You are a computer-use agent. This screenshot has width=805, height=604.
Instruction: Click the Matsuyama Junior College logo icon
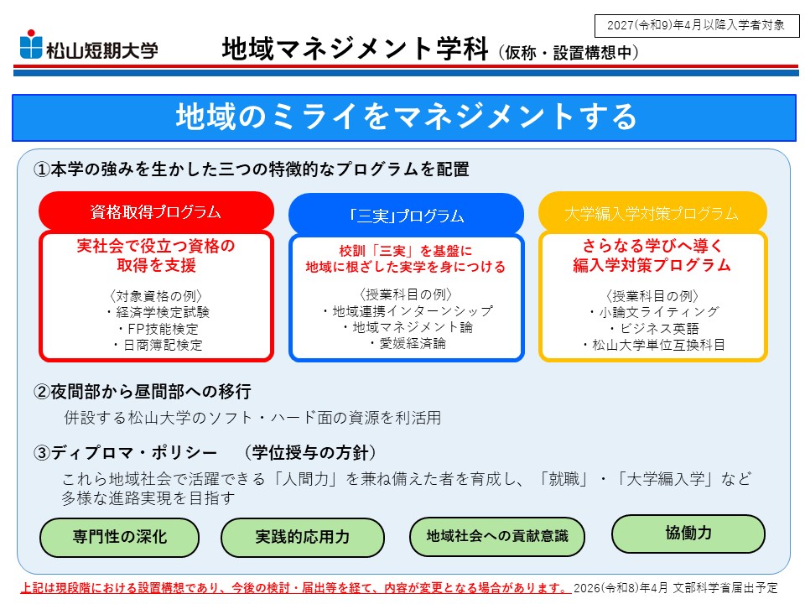click(x=31, y=44)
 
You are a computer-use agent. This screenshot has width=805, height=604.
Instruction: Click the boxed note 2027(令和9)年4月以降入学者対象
click(x=697, y=26)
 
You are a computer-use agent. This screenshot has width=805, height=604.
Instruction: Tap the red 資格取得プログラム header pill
click(x=156, y=211)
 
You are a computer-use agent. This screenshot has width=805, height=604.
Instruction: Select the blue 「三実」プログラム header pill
click(x=406, y=216)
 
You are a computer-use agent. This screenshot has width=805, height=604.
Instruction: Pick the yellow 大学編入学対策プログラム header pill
click(x=652, y=212)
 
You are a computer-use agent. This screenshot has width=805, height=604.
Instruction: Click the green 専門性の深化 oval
click(x=120, y=537)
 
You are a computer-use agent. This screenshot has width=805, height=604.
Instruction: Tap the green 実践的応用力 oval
click(x=303, y=537)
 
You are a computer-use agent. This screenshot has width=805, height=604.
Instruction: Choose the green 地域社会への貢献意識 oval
click(x=497, y=536)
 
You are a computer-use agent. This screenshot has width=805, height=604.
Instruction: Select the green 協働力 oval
click(x=688, y=534)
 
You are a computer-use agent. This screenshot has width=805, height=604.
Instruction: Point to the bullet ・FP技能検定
click(x=157, y=329)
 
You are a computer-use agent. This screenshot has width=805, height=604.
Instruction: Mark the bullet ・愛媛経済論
click(x=408, y=344)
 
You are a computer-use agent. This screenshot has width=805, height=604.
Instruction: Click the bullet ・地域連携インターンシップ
click(x=408, y=310)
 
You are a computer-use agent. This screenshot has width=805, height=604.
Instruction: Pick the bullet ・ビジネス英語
click(x=653, y=329)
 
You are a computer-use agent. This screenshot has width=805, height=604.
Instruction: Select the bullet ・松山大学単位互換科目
click(x=653, y=345)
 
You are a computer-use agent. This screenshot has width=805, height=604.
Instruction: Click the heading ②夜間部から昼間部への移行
click(x=143, y=392)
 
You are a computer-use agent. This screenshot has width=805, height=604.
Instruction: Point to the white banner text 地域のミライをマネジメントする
click(x=406, y=117)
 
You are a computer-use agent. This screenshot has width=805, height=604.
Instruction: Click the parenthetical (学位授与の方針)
click(x=310, y=452)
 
